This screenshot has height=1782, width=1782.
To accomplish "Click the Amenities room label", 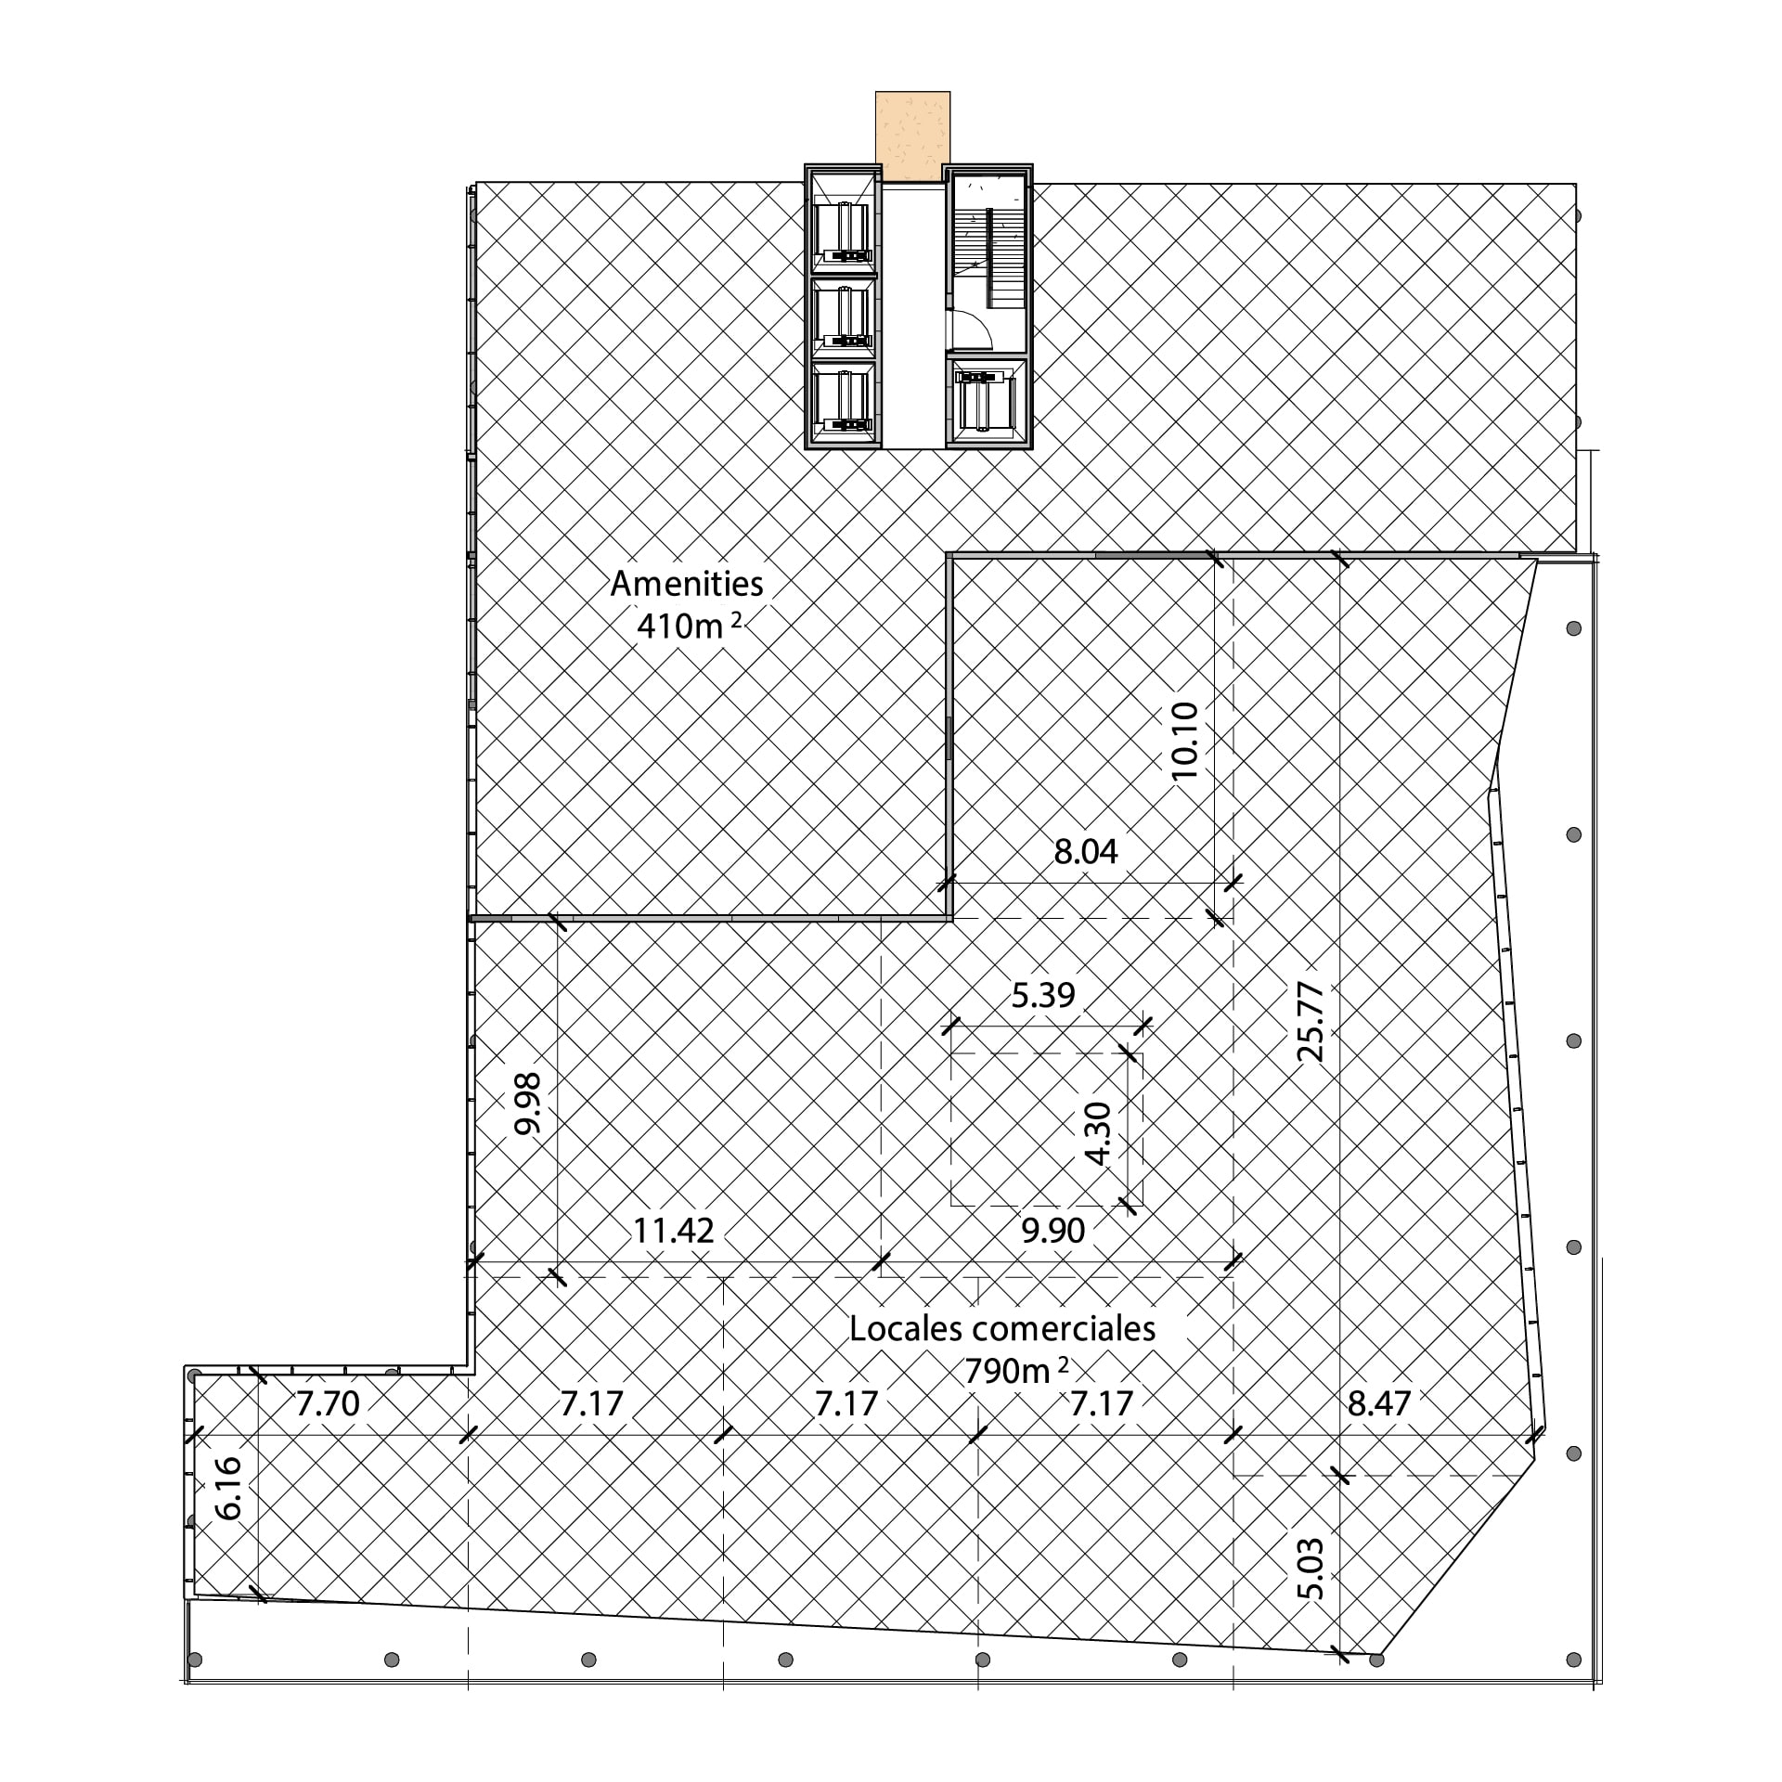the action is pos(687,583).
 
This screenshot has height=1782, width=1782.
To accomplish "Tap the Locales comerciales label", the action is pos(1002,1329).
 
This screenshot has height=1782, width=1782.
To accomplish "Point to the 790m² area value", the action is pos(1016,1371).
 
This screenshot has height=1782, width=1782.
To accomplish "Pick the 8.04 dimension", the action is pos(1086,851).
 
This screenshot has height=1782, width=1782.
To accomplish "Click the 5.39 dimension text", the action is pos(1043,996).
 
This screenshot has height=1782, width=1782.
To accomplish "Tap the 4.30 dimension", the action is pos(1098,1133).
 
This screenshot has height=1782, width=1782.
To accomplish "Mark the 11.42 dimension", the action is pos(674,1231).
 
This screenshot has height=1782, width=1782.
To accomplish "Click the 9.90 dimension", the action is pos(1053,1231).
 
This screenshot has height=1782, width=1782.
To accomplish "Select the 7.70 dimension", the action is pos(328,1403).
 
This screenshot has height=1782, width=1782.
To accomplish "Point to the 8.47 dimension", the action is pos(1379,1403).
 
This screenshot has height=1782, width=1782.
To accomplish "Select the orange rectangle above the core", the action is pos(912,136).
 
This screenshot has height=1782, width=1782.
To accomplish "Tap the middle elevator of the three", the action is pos(843,317).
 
